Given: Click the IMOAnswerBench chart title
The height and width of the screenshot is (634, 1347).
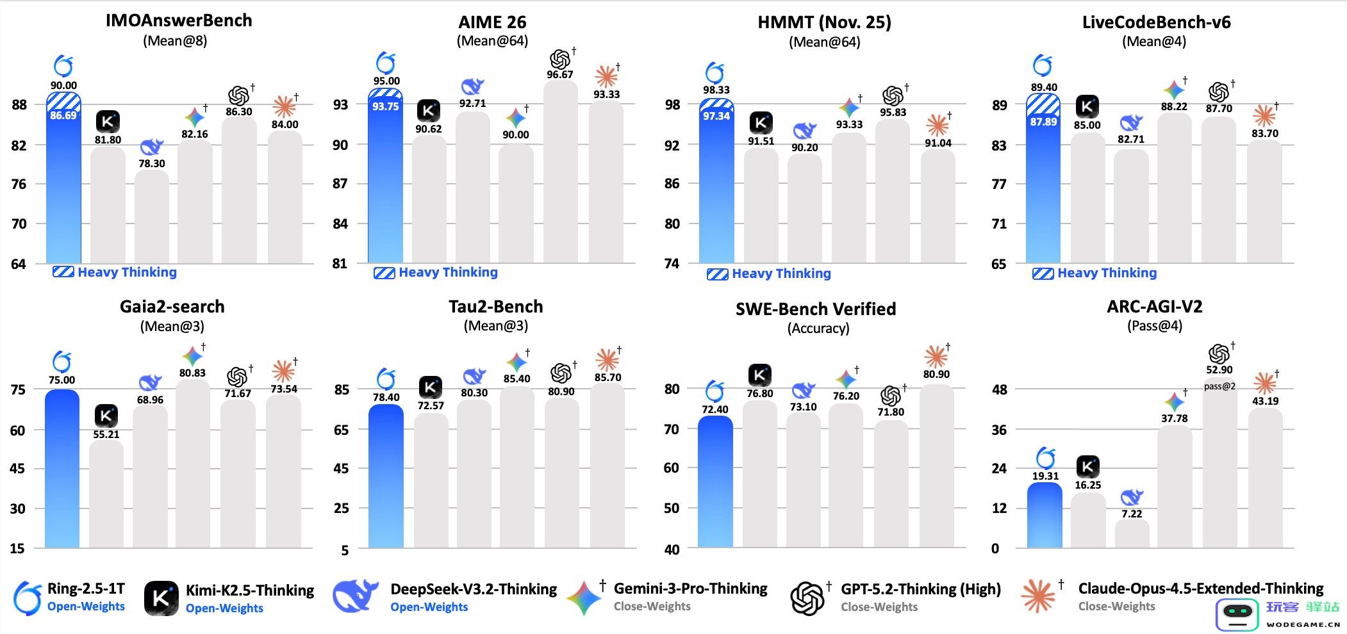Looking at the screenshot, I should pyautogui.click(x=179, y=20).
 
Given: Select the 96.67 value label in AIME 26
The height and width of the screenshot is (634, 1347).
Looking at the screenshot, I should pyautogui.click(x=559, y=74).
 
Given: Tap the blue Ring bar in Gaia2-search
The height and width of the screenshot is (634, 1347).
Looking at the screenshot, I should pyautogui.click(x=62, y=467).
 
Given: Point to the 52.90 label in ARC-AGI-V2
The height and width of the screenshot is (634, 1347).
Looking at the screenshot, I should pyautogui.click(x=1219, y=370).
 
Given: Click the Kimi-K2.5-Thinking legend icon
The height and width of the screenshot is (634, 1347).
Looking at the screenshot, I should pyautogui.click(x=161, y=598).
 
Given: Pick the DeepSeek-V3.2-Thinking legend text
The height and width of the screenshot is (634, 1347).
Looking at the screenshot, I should pyautogui.click(x=474, y=589).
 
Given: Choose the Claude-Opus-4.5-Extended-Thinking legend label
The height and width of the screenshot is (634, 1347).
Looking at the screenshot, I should pyautogui.click(x=1200, y=589).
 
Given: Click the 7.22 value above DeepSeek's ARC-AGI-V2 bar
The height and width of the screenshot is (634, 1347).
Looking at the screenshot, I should pyautogui.click(x=1132, y=514).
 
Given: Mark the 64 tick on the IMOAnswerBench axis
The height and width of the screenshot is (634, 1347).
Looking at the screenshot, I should pyautogui.click(x=19, y=264).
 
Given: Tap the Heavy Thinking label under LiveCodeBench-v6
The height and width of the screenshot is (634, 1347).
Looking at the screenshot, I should pyautogui.click(x=1107, y=273).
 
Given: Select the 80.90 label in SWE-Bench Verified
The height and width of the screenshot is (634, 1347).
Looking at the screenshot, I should pyautogui.click(x=936, y=374).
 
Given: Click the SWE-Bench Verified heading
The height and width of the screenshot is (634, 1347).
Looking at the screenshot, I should pyautogui.click(x=816, y=309).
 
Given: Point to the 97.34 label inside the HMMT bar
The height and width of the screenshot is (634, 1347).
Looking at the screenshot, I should pyautogui.click(x=716, y=116).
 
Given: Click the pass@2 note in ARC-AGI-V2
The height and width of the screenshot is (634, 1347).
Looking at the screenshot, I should pyautogui.click(x=1219, y=386).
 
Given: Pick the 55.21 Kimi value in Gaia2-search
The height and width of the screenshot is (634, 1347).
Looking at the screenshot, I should pyautogui.click(x=106, y=434).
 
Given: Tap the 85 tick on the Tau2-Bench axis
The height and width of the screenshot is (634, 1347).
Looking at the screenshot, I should pyautogui.click(x=342, y=389).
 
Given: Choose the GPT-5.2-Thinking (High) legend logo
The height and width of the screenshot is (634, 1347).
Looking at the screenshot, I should pyautogui.click(x=807, y=598).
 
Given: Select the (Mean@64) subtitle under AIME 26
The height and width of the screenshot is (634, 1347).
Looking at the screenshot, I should pyautogui.click(x=492, y=41).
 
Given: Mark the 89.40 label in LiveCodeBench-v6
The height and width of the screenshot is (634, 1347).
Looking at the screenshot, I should pyautogui.click(x=1044, y=87).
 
